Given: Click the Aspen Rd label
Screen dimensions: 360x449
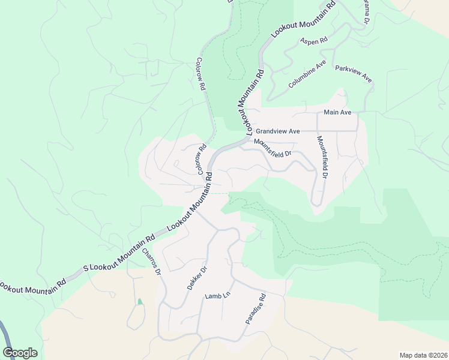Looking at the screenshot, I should point(313,41).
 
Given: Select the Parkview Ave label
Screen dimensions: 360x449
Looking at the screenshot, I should point(354,74).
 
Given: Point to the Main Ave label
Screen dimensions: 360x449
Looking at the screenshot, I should point(337,112).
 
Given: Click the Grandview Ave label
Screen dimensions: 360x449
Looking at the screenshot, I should point(277,131).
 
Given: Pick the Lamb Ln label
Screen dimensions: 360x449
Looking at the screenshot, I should point(217,296).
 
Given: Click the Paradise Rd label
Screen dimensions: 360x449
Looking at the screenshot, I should point(255,310).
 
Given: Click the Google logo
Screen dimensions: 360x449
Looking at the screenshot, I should point(20,353).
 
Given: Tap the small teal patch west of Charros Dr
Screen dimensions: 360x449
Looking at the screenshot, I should point(140,302).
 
